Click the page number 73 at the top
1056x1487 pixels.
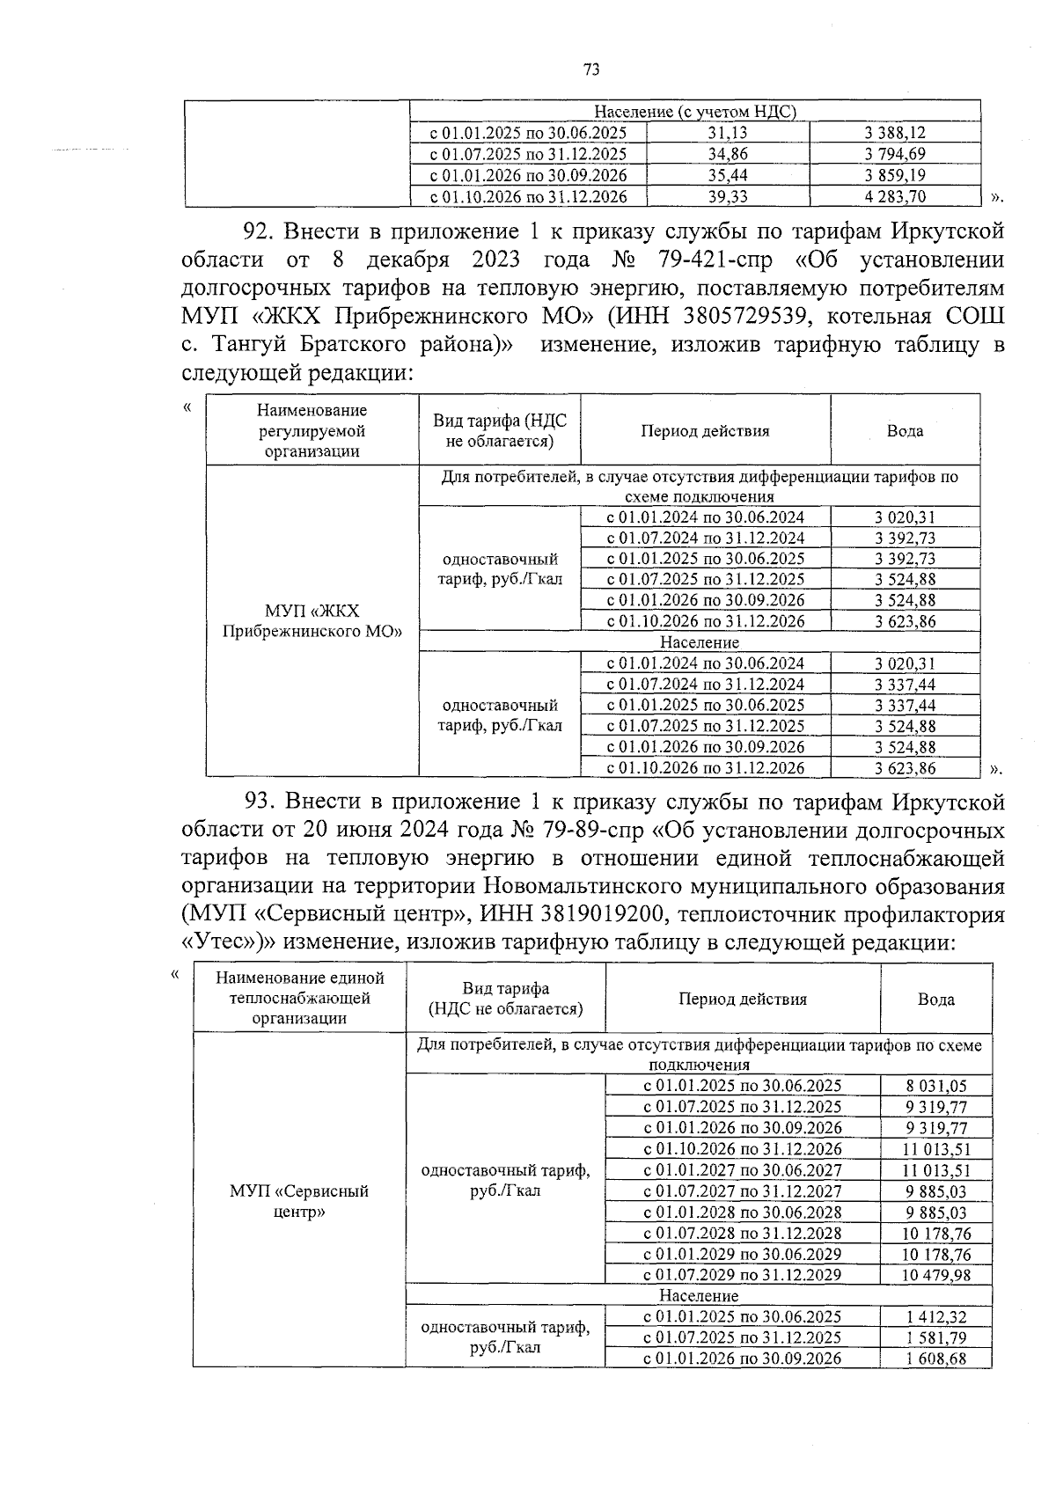coord(591,70)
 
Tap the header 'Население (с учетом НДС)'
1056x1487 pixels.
coord(695,112)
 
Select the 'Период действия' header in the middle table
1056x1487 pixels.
coord(705,431)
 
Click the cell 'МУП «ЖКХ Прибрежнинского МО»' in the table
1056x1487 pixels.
coord(312,621)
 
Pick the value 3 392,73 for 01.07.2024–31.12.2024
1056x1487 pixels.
coord(905,538)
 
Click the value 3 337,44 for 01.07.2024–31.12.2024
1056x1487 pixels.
coord(905,685)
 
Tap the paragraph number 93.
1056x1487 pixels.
coord(260,802)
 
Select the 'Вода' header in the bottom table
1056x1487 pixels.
coord(935,999)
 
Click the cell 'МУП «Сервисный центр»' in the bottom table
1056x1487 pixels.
coord(299,1201)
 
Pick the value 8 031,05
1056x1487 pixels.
coord(935,1086)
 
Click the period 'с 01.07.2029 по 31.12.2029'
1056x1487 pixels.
coord(742,1275)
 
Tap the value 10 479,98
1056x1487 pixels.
coord(935,1275)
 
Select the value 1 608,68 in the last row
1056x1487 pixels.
coord(935,1359)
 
